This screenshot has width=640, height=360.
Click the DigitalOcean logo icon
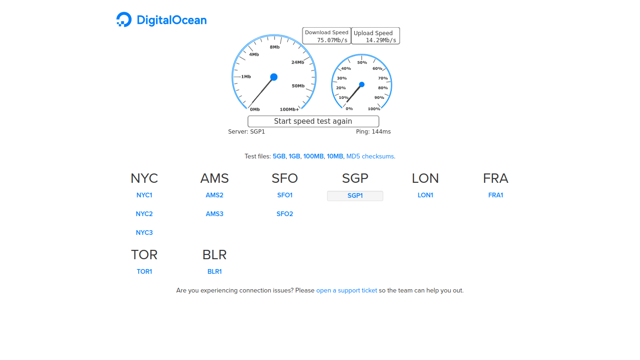[x=124, y=19]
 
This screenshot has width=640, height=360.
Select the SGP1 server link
[x=355, y=195]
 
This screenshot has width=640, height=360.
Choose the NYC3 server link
[x=144, y=232]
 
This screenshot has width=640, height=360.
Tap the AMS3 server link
[x=215, y=214]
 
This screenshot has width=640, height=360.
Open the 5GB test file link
[x=279, y=157]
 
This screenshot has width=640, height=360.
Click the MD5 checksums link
[x=370, y=157]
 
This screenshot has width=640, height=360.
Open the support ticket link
[x=347, y=291]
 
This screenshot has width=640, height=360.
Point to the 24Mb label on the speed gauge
[x=298, y=62]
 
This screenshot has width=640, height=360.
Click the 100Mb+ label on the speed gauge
[x=290, y=109]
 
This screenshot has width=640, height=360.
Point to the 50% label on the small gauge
[x=362, y=62]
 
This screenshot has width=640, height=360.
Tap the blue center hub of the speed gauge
[x=274, y=77]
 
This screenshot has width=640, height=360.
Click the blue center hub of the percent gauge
[x=362, y=84]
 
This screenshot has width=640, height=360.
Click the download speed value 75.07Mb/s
[x=332, y=40]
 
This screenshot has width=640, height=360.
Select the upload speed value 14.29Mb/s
[x=381, y=40]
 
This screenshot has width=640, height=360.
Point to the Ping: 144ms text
[x=373, y=132]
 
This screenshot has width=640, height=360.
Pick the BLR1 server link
[x=215, y=272]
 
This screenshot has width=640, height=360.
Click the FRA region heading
[x=495, y=179]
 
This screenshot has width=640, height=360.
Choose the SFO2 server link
[x=284, y=214]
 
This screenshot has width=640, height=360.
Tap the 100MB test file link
[x=313, y=157]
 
